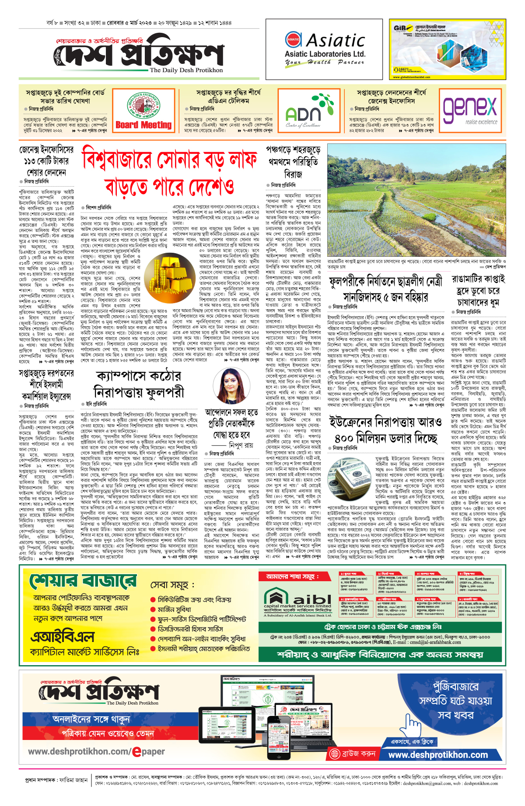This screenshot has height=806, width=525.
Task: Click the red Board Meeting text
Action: pos(143,125)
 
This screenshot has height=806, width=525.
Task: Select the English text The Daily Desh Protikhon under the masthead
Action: pos(186,70)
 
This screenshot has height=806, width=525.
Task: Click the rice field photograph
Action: pos(416,200)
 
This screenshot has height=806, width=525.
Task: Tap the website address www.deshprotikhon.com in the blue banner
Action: pos(438,755)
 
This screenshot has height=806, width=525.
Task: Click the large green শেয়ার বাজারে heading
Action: pos(83,582)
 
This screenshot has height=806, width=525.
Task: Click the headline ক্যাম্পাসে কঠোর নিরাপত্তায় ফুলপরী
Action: pos(139,384)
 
